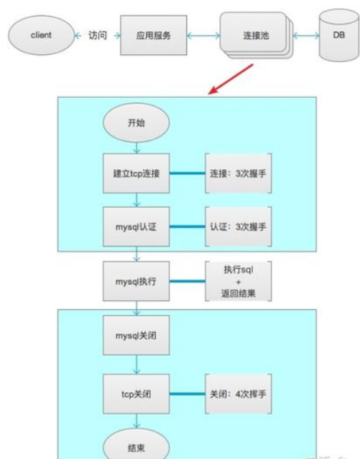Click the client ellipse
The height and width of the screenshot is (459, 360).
coord(41,35)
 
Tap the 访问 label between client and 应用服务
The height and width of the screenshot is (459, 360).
coord(98,36)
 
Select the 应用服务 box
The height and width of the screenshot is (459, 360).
coord(154,35)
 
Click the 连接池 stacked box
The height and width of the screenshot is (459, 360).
coord(256,36)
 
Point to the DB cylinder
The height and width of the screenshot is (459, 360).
coord(339,35)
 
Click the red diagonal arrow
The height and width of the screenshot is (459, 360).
coord(231,79)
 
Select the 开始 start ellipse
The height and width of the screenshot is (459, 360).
coord(136,123)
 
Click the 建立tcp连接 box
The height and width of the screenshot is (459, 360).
coord(136,173)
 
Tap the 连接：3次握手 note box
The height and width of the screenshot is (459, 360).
coord(239,173)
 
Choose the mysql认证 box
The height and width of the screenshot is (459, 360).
coord(136,227)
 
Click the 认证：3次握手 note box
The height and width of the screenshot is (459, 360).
coord(239,227)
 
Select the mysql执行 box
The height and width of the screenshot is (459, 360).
coord(136,281)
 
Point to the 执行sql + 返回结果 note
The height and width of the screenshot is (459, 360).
coord(239,281)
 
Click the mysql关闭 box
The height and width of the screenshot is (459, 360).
coord(136,336)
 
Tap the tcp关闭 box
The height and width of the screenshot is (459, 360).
coord(136,394)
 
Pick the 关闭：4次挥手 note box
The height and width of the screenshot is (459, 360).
coord(239,394)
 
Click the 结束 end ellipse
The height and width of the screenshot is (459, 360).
coord(136,444)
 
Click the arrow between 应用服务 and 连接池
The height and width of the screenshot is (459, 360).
coord(204,36)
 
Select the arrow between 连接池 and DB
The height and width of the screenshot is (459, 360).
coord(306,36)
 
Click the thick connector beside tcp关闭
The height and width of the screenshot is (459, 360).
coord(187,394)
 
